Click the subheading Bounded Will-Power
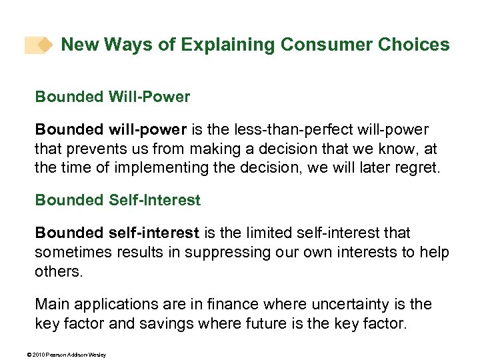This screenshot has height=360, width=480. click(x=113, y=97)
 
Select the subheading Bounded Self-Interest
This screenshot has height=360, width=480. click(x=118, y=199)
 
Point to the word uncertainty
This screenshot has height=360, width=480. click(x=320, y=304)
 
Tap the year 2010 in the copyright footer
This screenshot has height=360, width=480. click(x=31, y=355)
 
